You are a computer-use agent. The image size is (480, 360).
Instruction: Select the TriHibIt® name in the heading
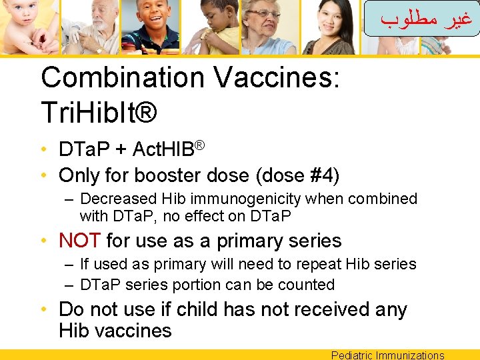pos(99,113)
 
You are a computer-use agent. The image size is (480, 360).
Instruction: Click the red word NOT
pos(79,241)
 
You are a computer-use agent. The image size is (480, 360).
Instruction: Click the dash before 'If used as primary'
pos(70,265)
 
